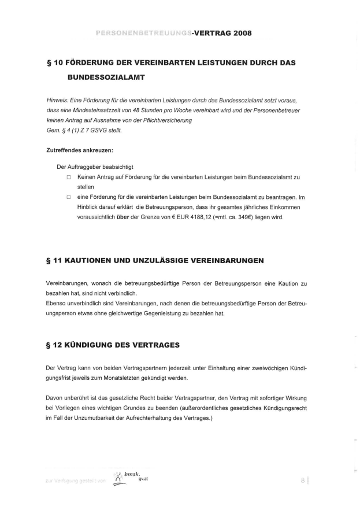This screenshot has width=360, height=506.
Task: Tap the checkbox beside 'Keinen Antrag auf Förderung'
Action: click(x=68, y=178)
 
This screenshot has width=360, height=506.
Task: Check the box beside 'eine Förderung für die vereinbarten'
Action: click(x=68, y=197)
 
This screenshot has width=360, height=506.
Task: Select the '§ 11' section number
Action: click(x=55, y=261)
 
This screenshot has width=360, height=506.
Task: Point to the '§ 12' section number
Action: click(x=55, y=345)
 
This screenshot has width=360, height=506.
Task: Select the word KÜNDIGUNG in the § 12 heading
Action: click(x=97, y=345)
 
